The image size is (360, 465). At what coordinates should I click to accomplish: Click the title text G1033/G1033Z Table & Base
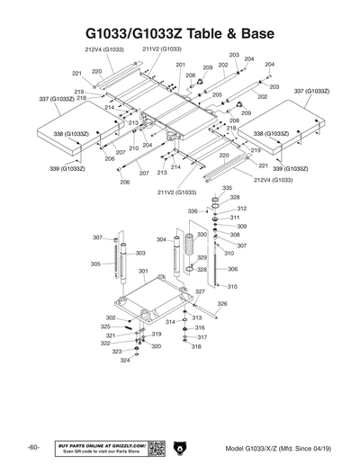[x=180, y=34]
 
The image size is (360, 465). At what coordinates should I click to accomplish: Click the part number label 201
[x=180, y=66]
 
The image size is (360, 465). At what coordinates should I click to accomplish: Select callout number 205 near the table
[x=217, y=94]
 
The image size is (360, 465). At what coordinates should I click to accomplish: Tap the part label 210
[x=134, y=148]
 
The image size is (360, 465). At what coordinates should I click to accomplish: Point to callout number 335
[x=227, y=188]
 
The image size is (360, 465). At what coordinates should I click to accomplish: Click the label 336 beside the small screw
[x=192, y=211]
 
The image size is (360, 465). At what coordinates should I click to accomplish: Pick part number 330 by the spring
[x=202, y=235]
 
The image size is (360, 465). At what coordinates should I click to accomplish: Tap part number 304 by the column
[x=160, y=240]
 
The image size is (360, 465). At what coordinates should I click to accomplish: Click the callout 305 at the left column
[x=95, y=264]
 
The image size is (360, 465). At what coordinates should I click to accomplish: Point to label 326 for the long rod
[x=221, y=304]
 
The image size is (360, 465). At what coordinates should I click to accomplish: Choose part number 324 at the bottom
[x=125, y=360]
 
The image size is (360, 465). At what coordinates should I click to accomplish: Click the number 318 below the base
[x=196, y=346]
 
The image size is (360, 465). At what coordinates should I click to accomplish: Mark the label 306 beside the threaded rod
[x=232, y=269]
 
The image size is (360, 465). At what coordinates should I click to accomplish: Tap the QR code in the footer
[x=155, y=448]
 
